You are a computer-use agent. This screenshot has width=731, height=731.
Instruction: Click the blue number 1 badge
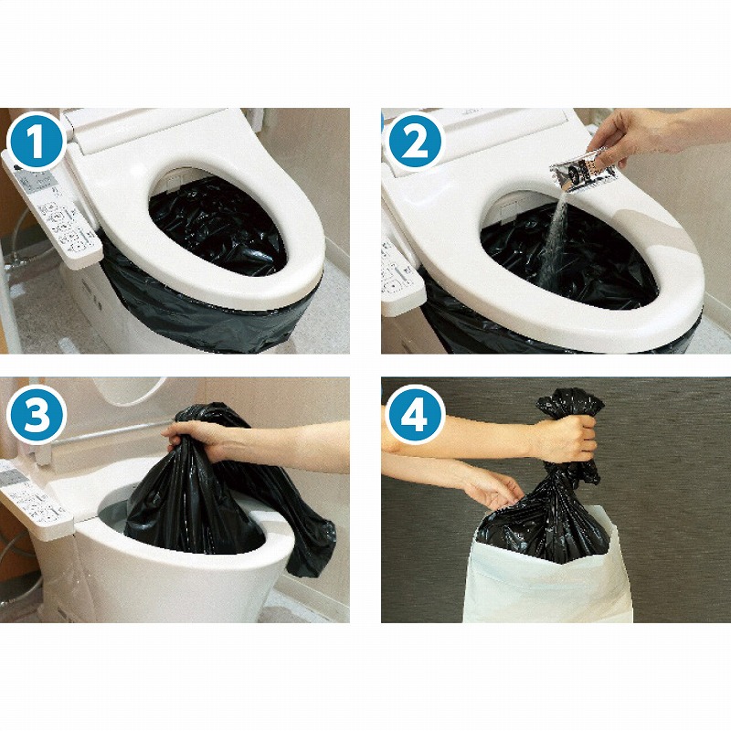(x=37, y=142)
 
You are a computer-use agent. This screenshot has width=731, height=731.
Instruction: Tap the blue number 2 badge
(x=415, y=142)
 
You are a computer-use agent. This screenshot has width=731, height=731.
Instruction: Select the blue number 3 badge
(x=37, y=415)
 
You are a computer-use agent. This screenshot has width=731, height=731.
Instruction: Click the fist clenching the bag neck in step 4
(x=567, y=438)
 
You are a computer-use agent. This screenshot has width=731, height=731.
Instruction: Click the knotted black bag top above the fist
(x=571, y=403)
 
